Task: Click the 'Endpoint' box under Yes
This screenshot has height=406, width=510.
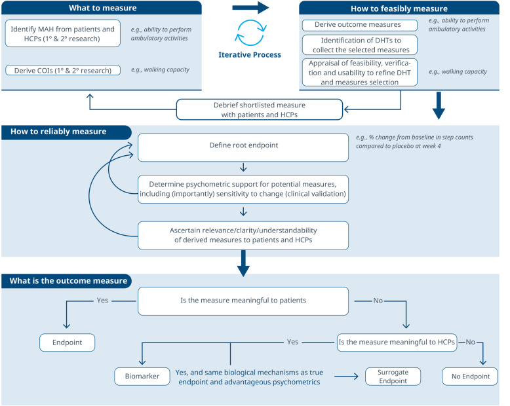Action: coord(68,342)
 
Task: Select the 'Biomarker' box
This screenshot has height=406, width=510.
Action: coord(142,376)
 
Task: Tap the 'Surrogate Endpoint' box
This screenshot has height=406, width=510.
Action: coord(393,376)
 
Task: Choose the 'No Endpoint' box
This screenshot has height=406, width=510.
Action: coord(470,376)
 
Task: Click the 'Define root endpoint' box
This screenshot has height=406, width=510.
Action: coord(243,147)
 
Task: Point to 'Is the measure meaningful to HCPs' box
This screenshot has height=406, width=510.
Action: coord(397,342)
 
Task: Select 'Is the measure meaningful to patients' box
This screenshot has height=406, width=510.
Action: coord(243,301)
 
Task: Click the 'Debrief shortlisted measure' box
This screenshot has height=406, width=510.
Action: coord(260,109)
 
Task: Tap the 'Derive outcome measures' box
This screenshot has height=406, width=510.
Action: coord(360,26)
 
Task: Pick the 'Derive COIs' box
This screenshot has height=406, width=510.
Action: coord(63,70)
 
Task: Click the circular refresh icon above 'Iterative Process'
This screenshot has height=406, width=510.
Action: coord(251,33)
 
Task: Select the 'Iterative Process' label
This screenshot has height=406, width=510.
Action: coord(250,54)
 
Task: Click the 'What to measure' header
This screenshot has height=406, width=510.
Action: coord(102,8)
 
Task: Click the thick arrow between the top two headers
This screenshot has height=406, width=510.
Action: coord(251,7)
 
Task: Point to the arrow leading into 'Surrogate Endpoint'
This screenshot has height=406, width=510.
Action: coord(346,376)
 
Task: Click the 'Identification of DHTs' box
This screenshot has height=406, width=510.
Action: coord(360,45)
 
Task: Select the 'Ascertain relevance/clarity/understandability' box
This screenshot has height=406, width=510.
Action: coord(243,236)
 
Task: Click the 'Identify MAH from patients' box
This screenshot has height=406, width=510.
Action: coord(63,33)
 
